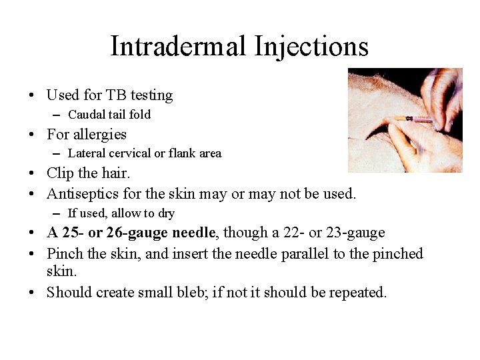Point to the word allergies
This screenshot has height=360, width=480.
point(99,134)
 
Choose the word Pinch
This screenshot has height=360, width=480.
point(65,253)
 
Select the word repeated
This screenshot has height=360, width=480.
point(356,291)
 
